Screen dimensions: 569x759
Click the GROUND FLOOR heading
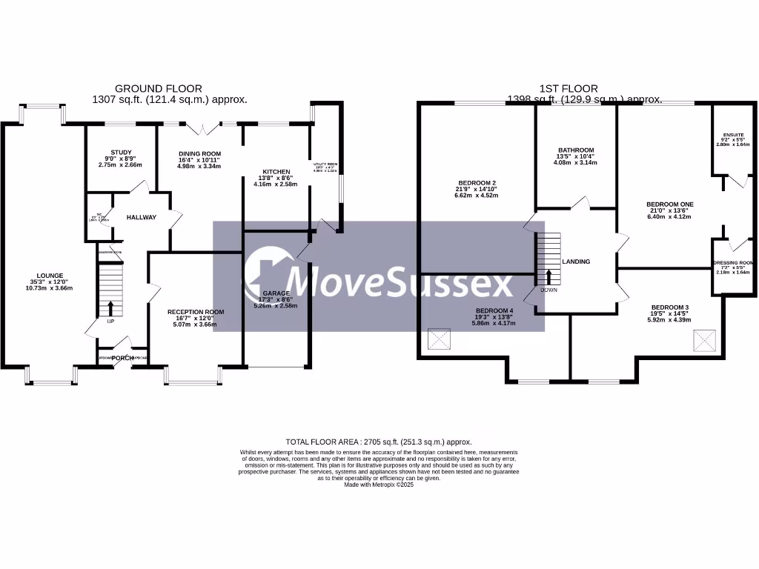coord(158,89)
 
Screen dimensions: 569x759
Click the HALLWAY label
coord(141,218)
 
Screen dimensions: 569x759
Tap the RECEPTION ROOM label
coord(196,312)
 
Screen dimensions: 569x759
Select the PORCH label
coord(123,358)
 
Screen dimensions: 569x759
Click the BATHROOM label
coord(577,150)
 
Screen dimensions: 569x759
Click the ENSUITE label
coord(733,133)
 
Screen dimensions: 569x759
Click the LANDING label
coord(577,262)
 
